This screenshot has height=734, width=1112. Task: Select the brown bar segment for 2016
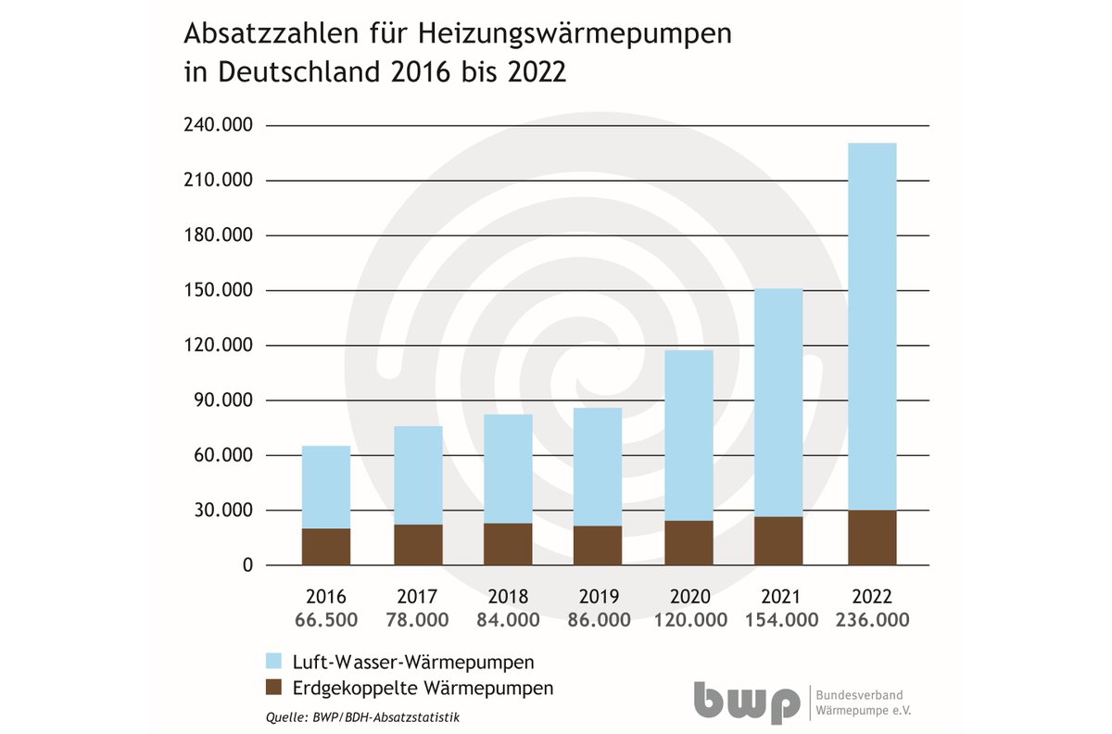[326, 547]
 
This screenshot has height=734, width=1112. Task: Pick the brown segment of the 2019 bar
[598, 545]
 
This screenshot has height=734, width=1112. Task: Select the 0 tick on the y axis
[246, 565]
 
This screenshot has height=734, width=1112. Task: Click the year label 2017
[417, 597]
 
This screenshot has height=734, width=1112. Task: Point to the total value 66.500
[326, 620]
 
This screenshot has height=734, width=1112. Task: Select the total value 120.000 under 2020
[689, 620]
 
